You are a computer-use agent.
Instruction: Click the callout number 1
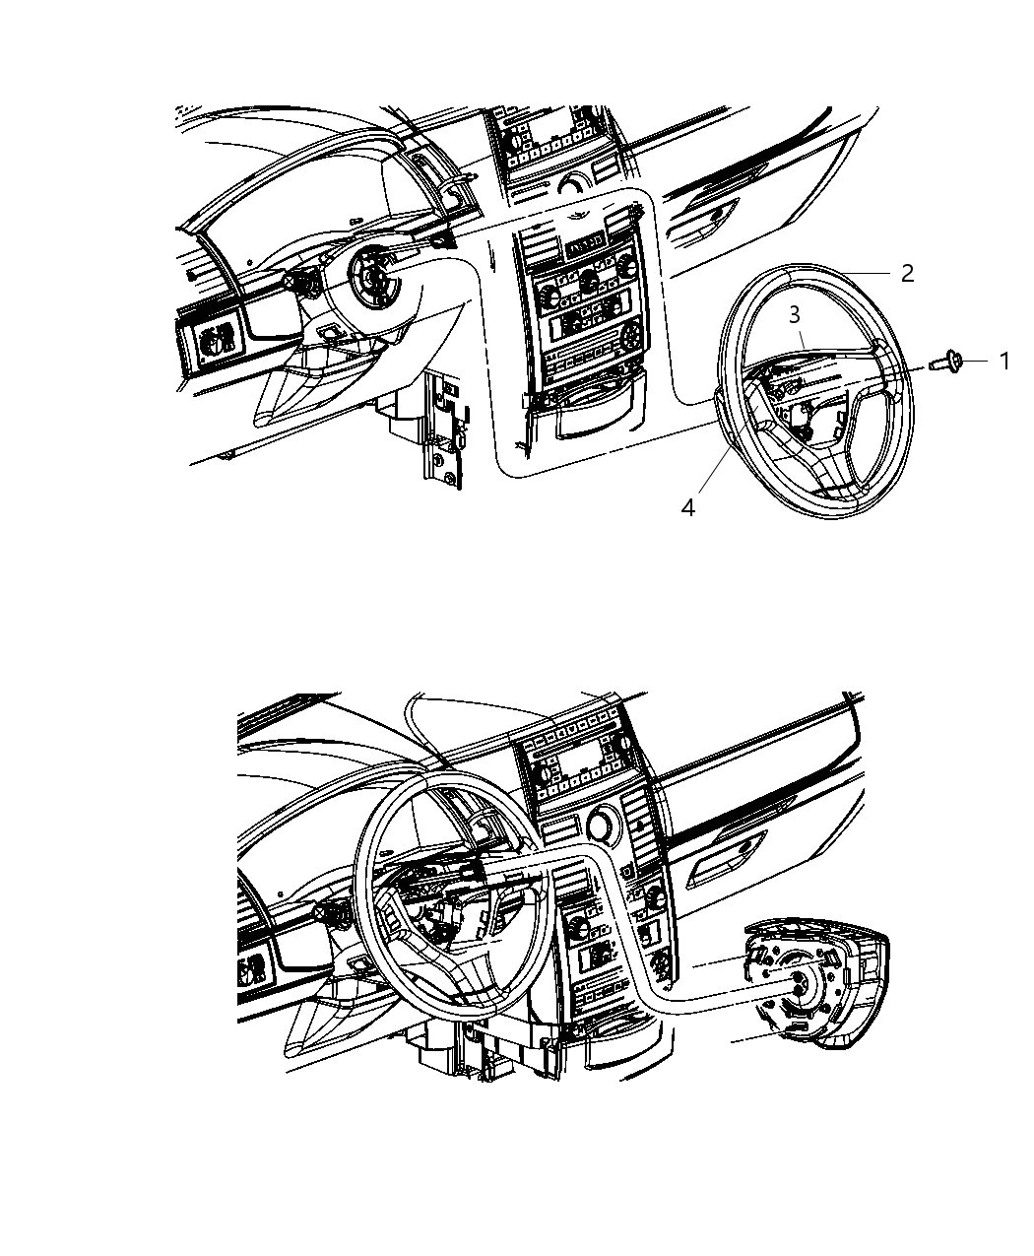(1003, 362)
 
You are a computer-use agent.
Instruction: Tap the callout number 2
(907, 273)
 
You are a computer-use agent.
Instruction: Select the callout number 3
(794, 314)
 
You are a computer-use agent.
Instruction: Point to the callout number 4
(688, 507)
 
